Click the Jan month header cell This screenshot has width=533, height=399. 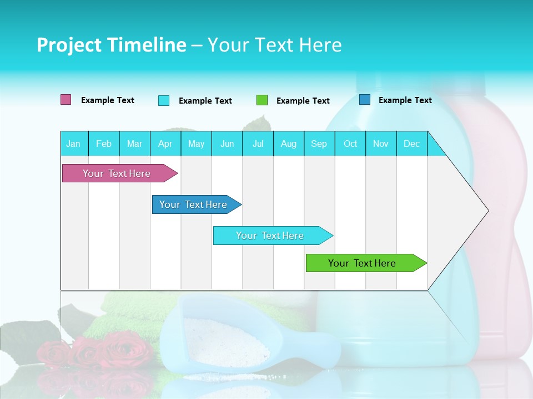pyautogui.click(x=74, y=144)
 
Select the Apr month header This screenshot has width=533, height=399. pyautogui.click(x=165, y=144)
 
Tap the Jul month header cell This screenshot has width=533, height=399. pyautogui.click(x=258, y=144)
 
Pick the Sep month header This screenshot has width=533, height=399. pyautogui.click(x=319, y=144)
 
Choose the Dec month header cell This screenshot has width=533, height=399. pyautogui.click(x=411, y=144)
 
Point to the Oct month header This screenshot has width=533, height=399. pyautogui.click(x=350, y=144)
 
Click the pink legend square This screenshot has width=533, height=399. pyautogui.click(x=66, y=100)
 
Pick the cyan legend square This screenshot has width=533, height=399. pyautogui.click(x=164, y=100)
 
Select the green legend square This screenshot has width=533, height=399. pyautogui.click(x=262, y=100)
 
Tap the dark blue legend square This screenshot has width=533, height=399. pyautogui.click(x=365, y=100)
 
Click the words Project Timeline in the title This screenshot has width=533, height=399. pyautogui.click(x=112, y=45)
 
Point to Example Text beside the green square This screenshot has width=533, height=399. pyautogui.click(x=303, y=101)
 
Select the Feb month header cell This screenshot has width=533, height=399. pyautogui.click(x=104, y=144)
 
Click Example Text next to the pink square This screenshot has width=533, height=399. pyautogui.click(x=108, y=100)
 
